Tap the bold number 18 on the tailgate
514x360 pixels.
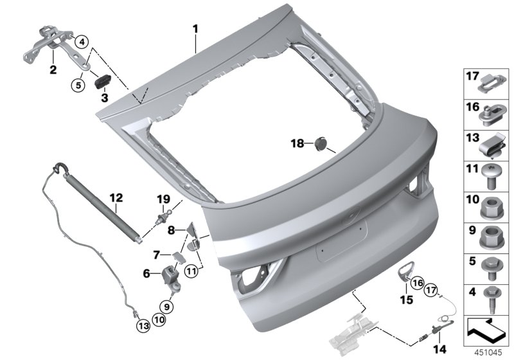point(296,144)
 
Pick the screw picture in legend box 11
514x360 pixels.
point(490,174)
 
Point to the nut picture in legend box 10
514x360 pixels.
point(490,206)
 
